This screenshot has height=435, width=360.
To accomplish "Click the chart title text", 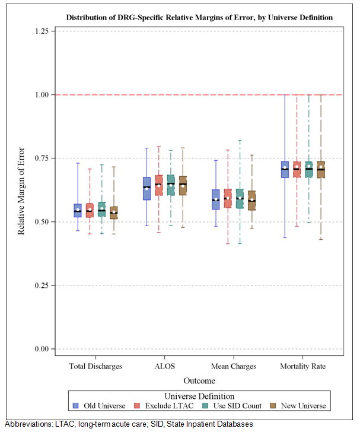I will (199, 18).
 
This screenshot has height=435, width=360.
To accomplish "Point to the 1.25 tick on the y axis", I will (40, 31).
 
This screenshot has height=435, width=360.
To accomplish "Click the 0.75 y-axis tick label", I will (40, 158).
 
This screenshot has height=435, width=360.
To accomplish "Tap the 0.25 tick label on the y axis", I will (40, 285).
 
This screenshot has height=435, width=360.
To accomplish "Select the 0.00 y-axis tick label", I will (40, 349).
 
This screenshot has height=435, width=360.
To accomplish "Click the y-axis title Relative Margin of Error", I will (21, 190).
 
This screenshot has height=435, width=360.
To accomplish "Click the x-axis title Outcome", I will (199, 381).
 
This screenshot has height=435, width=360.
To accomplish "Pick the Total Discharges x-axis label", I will (96, 366).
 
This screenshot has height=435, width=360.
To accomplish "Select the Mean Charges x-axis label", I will (234, 366).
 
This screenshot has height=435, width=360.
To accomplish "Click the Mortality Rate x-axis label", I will (302, 366).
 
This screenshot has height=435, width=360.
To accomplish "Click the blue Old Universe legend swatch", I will (76, 406).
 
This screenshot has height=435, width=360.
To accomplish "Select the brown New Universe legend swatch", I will (273, 406).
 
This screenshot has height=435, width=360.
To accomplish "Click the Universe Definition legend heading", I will (199, 396).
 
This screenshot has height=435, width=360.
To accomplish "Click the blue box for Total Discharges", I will (78, 210).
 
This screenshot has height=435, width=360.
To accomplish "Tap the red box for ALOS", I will (159, 185).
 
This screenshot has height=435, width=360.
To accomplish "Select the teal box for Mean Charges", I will (240, 198).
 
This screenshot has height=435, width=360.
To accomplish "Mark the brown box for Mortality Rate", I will (321, 170).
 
